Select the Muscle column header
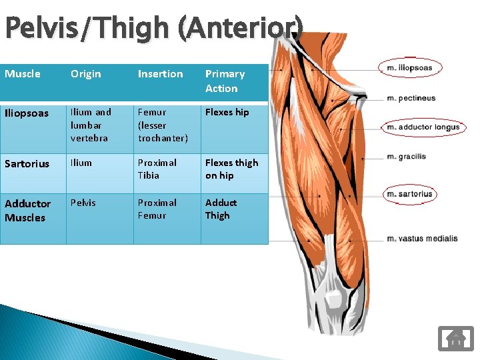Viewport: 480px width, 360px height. click(23, 74)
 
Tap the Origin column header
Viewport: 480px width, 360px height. click(86, 74)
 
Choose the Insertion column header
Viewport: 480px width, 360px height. click(160, 74)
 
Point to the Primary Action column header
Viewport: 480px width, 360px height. click(225, 81)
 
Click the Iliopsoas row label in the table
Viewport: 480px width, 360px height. click(27, 113)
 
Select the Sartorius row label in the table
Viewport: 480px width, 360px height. click(27, 164)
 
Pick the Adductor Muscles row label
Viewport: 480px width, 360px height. click(28, 210)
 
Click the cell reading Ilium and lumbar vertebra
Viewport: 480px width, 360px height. click(91, 125)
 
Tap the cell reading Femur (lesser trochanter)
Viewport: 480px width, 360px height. click(163, 125)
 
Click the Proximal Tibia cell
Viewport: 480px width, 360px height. click(157, 169)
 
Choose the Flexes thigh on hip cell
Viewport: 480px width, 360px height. click(231, 169)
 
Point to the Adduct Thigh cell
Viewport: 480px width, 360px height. click(221, 209)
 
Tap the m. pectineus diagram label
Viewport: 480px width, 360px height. click(411, 98)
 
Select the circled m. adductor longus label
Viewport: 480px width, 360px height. click(423, 127)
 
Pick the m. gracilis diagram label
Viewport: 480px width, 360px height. click(407, 157)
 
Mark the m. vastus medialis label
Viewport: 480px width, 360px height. click(422, 238)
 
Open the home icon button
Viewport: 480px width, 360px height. click(455, 338)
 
